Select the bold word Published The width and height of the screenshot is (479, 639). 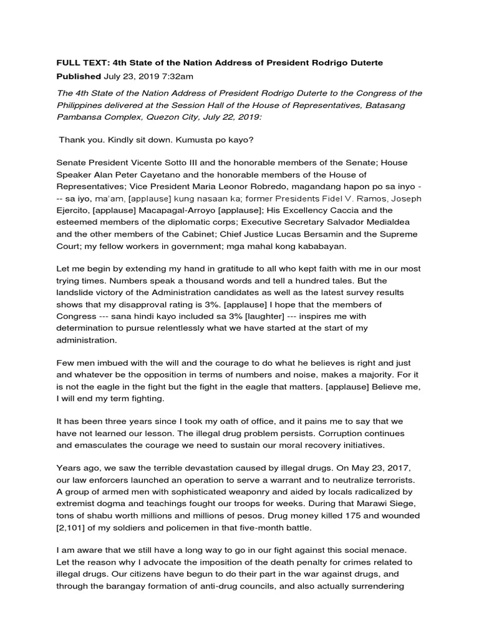click(x=79, y=77)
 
